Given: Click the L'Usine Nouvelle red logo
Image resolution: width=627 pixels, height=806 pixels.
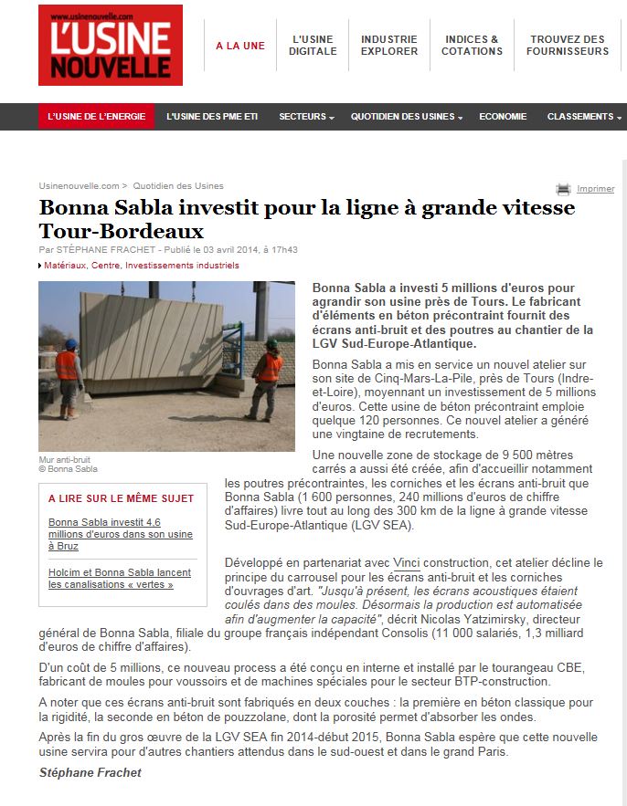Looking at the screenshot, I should coord(110,46).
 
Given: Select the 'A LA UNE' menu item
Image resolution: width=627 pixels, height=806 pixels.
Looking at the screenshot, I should coord(239,46).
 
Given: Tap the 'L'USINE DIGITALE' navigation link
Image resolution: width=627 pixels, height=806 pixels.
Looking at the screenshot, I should coord(313,46).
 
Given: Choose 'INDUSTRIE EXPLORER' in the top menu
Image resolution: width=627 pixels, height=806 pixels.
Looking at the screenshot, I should coord(388,46).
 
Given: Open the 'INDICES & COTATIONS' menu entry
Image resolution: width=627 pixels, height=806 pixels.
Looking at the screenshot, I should coord(472,46).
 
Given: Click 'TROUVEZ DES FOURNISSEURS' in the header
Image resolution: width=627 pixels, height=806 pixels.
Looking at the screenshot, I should coord(567,46).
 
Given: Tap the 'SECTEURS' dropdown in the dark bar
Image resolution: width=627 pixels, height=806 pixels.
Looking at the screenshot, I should coord(306,117).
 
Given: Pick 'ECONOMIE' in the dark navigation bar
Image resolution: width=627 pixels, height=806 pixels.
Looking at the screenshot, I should coord(503,117).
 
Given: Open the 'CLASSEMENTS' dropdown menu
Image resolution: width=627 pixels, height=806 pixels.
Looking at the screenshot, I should coord(583,117).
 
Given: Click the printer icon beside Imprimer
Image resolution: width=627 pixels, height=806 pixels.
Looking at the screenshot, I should coord(563,189).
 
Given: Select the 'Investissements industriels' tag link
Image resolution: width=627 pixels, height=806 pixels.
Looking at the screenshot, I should coord(182,266).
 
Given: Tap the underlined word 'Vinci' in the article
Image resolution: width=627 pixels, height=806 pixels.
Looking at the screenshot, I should coord(406,562).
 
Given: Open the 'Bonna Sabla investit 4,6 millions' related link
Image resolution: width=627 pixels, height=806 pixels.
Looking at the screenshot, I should coord(120,534).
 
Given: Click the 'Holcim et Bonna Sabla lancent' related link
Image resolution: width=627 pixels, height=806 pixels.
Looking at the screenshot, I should coord(119,579).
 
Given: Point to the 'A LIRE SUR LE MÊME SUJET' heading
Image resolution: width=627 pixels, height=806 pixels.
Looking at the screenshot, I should coord(121,498).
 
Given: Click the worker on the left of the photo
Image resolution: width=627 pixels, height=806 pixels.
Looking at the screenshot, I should coord(68,374).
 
